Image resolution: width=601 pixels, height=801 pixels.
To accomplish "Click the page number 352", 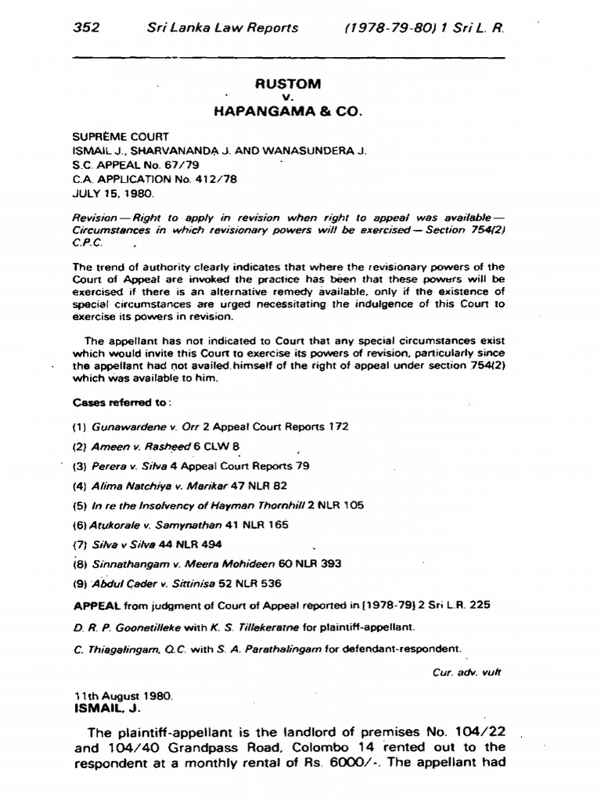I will pos(87,27).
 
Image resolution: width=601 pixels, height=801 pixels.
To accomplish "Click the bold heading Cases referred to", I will pos(121,404).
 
